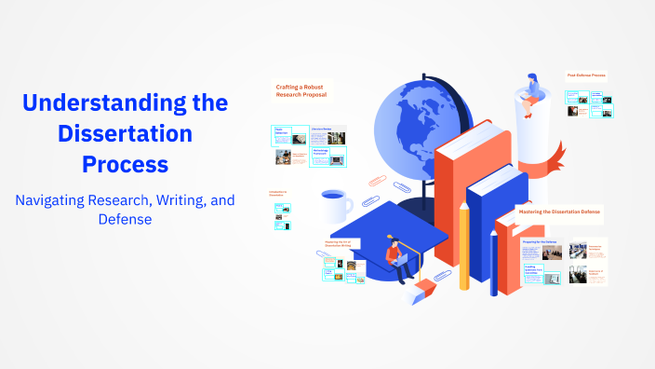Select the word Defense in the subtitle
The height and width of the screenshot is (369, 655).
(125, 220)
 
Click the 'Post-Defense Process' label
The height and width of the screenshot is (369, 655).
(587, 75)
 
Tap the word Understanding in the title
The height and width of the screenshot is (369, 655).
(125, 102)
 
